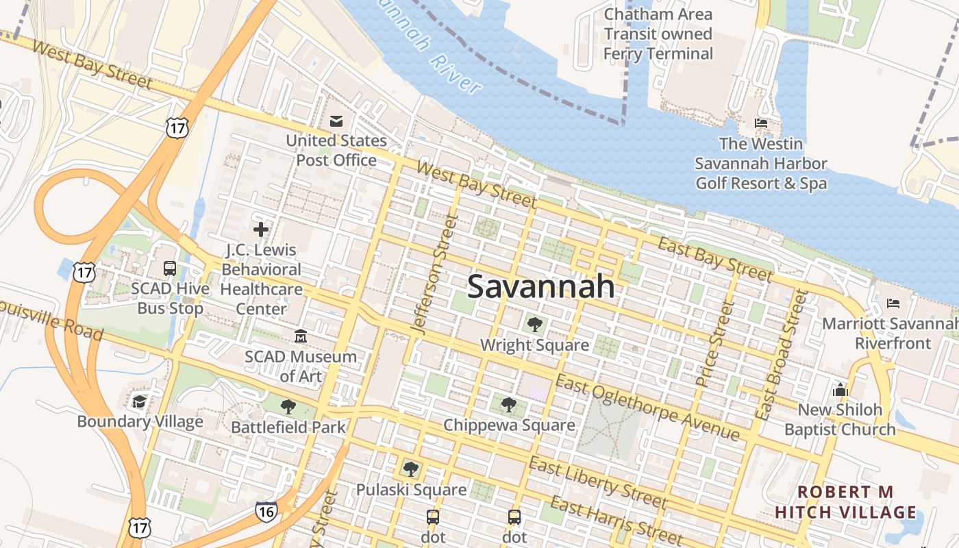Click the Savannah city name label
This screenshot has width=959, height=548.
coord(540,286)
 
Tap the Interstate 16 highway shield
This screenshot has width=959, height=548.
coord(266,511)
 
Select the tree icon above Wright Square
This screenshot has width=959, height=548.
coord(534,325)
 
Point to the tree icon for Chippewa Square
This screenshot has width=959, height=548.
coord(508,405)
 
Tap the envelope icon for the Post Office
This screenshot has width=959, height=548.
coord(336,121)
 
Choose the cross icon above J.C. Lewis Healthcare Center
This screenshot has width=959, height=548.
coord(261,229)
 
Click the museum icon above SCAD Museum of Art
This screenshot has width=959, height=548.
coord(301,336)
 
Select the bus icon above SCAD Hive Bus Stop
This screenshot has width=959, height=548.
coord(170,269)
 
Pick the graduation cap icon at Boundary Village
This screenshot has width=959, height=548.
coord(140,401)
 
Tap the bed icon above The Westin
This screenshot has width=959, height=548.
coord(761,123)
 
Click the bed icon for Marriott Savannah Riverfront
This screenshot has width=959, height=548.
coord(893,303)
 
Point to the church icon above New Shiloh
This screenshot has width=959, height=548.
coord(840,390)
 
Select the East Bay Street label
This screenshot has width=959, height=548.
coord(714,259)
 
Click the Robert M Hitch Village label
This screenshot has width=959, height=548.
coord(845,502)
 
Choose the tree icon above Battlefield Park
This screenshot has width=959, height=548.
coord(288,407)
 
